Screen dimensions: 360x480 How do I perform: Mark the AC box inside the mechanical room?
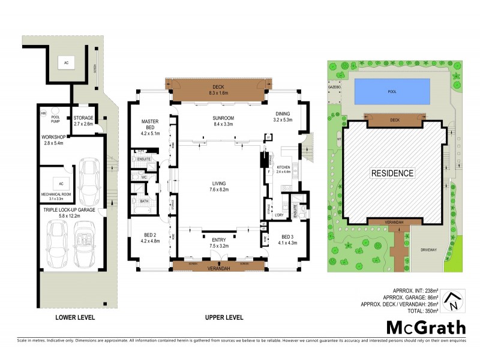pyautogui.click(x=61, y=183)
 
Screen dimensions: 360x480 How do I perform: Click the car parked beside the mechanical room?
pyautogui.click(x=90, y=182)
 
